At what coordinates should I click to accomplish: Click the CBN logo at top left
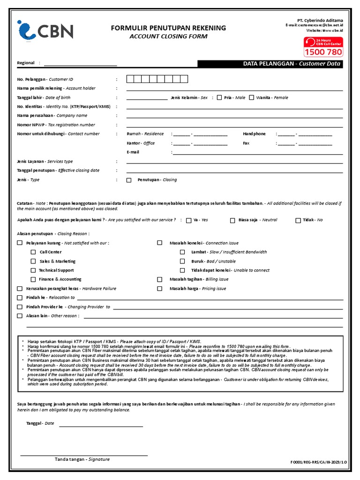[45, 31]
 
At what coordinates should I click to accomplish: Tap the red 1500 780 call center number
[323, 52]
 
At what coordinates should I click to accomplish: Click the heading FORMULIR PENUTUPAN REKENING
[168, 28]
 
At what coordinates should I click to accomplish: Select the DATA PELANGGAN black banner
[270, 64]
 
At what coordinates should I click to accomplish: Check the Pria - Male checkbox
[219, 97]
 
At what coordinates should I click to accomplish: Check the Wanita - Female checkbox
[252, 97]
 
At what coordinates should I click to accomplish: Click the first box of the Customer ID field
[130, 79]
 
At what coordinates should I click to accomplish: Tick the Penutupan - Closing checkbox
[129, 180]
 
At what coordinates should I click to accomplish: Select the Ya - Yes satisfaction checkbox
[188, 220]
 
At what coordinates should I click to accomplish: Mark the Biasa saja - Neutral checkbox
[232, 220]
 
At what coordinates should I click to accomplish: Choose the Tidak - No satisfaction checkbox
[298, 220]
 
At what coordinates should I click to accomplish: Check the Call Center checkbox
[33, 252]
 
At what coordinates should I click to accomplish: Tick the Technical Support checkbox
[33, 270]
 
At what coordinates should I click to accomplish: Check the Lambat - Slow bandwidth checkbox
[182, 252]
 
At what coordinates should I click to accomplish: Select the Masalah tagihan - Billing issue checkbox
[160, 279]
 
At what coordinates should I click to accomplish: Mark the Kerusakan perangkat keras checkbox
[20, 289]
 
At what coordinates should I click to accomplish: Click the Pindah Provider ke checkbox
[20, 307]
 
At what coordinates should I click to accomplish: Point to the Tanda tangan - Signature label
[82, 459]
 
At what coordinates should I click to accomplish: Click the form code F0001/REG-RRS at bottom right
[319, 462]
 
